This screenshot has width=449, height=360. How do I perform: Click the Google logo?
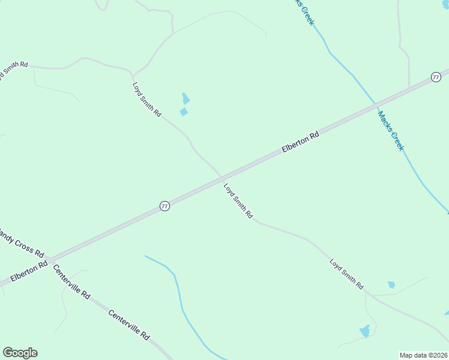20,353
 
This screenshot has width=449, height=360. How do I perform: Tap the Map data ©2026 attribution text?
424,355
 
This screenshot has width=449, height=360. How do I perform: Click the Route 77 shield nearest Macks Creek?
436,77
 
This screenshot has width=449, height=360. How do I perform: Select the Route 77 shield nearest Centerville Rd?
164,206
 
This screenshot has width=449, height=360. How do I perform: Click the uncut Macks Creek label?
390,131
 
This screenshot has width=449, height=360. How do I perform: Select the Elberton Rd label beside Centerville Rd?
28,271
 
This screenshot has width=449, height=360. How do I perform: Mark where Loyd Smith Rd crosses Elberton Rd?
221,178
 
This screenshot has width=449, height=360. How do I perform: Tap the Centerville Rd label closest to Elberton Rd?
71,282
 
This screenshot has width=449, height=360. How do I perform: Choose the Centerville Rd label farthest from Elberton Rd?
128,325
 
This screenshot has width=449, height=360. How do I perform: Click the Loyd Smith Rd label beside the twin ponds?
147,99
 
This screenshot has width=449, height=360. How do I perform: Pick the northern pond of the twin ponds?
186,98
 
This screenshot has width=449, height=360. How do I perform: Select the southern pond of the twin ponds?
184,112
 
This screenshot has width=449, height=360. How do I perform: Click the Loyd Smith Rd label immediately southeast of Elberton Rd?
238,201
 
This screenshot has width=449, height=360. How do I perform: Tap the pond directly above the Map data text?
364,331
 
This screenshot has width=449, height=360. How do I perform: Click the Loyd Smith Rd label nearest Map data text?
346,274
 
